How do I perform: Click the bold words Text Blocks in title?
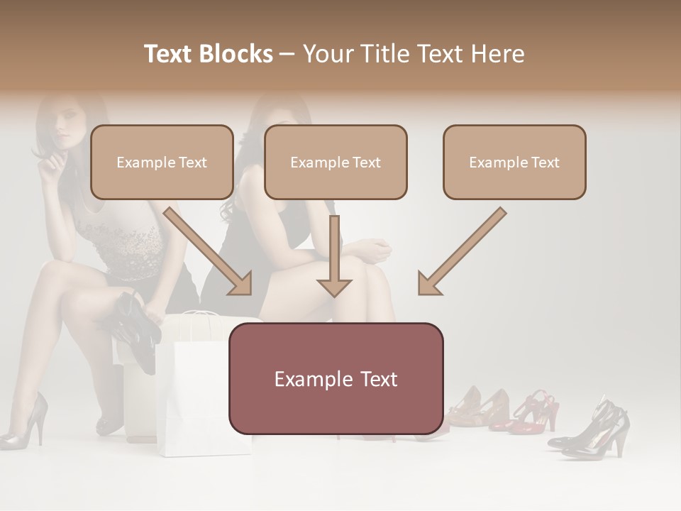coord(209,54)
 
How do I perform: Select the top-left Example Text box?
coord(162,162)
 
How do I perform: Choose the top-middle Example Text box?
coord(336,162)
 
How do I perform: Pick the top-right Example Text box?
coord(514,162)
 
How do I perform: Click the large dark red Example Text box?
coord(336,378)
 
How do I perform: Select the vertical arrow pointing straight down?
coord(334,255)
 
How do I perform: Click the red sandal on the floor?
coord(536,412)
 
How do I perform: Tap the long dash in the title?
coord(287,55)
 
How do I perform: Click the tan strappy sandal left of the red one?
coord(482,408)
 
